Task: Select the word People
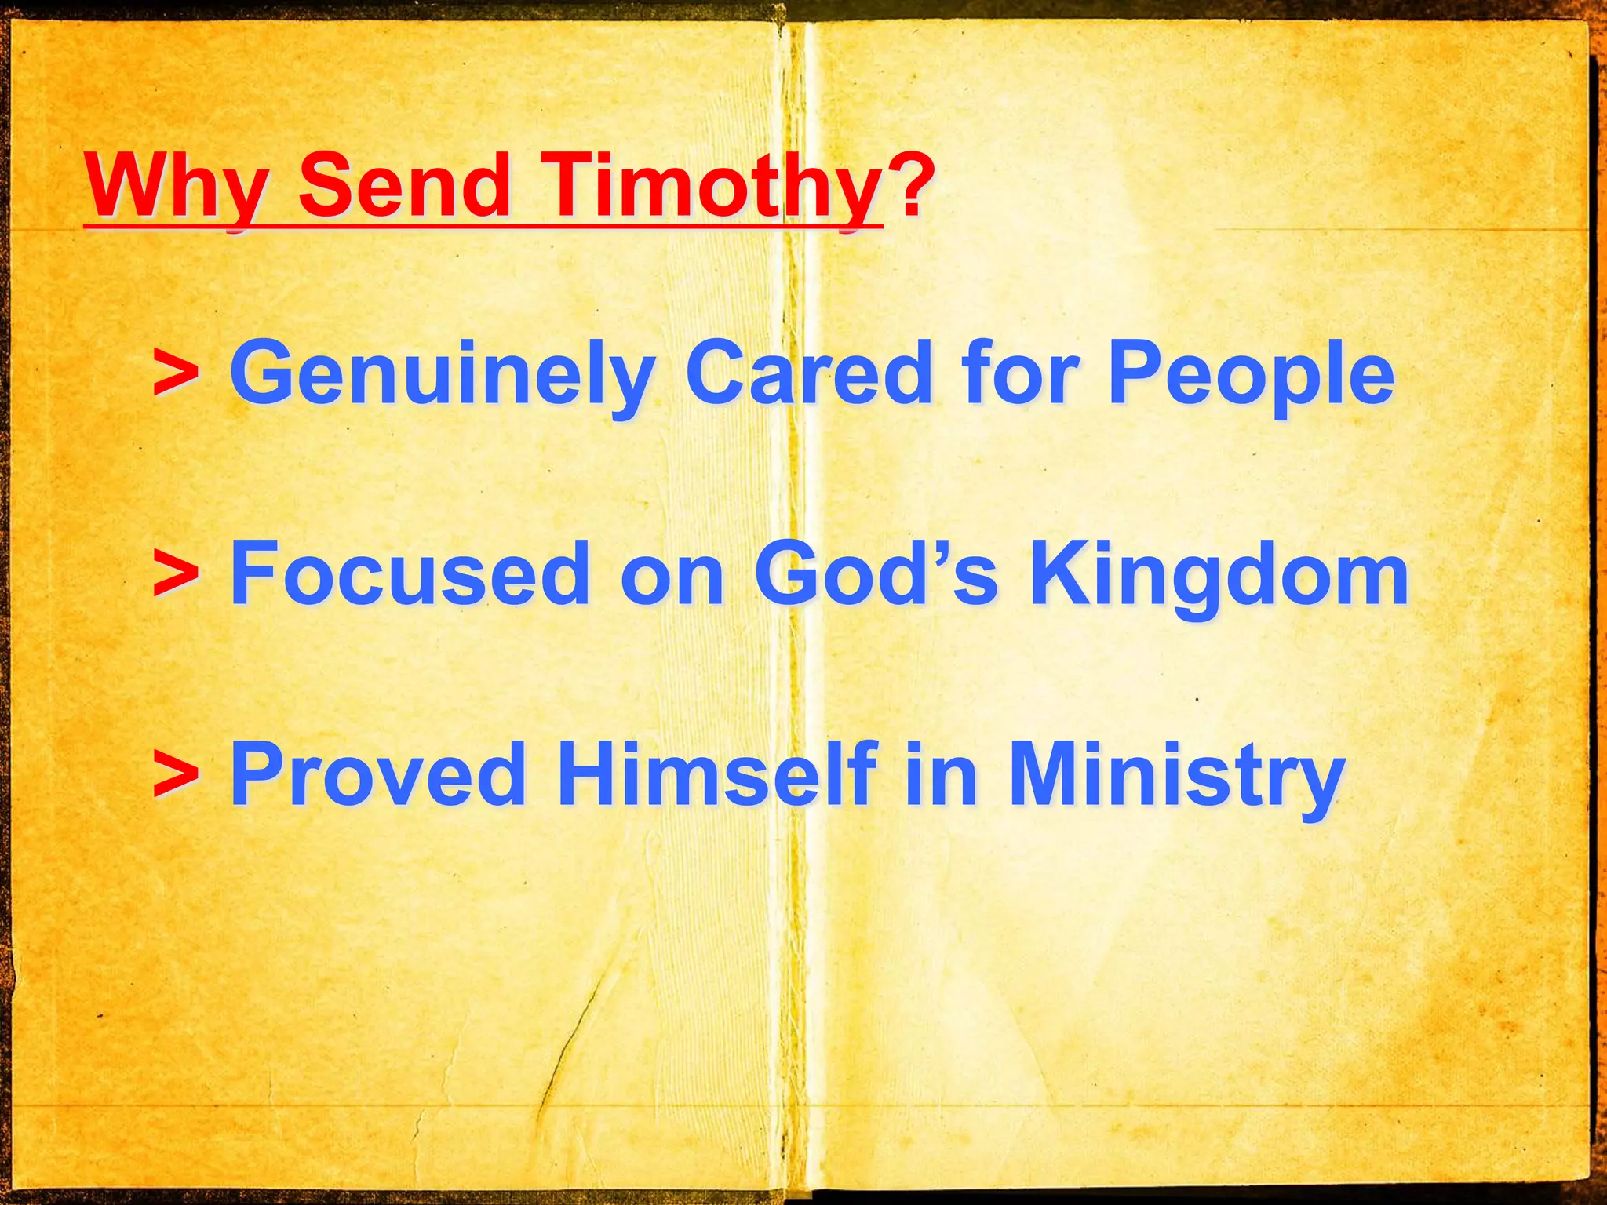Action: coord(1251,375)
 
